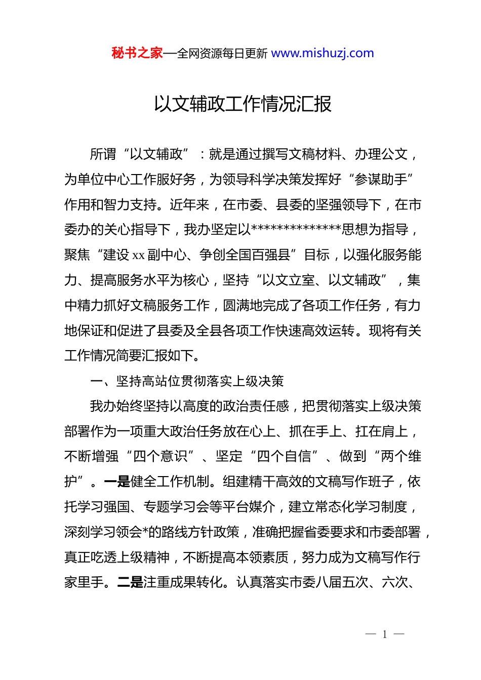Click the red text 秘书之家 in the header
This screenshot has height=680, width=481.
pyautogui.click(x=137, y=53)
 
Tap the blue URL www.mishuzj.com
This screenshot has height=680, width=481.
pyautogui.click(x=323, y=53)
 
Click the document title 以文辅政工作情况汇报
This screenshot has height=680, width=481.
pyautogui.click(x=243, y=104)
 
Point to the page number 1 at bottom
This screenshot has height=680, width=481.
pyautogui.click(x=385, y=634)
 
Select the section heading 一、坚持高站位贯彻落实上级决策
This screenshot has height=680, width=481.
pyautogui.click(x=187, y=381)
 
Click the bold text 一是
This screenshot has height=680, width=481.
pyautogui.click(x=117, y=482)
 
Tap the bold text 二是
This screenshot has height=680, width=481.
pyautogui.click(x=130, y=582)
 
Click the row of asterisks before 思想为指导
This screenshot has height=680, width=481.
pyautogui.click(x=296, y=229)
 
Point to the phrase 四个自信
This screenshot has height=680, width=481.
pyautogui.click(x=284, y=456)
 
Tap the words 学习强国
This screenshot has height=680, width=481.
pyautogui.click(x=110, y=507)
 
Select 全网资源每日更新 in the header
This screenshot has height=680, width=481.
pyautogui.click(x=222, y=54)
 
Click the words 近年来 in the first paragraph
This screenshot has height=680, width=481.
pyautogui.click(x=189, y=204)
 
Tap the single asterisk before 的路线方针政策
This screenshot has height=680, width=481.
pyautogui.click(x=145, y=532)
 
